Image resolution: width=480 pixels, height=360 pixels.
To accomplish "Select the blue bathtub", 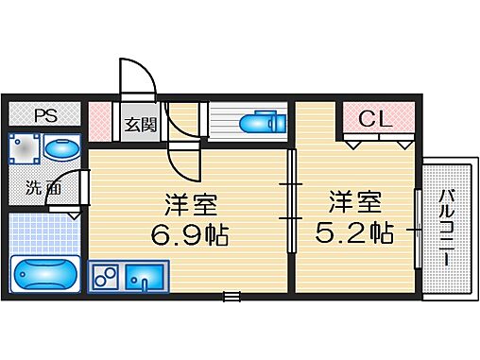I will tap(44, 272).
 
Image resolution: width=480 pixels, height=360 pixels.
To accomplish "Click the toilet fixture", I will tap(260, 124).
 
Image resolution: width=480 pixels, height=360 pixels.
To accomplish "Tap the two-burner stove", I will tap(106, 278).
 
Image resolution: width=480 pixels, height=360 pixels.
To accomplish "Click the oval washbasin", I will tap(62, 149).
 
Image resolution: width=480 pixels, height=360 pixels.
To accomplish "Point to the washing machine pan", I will tap(25, 149).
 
